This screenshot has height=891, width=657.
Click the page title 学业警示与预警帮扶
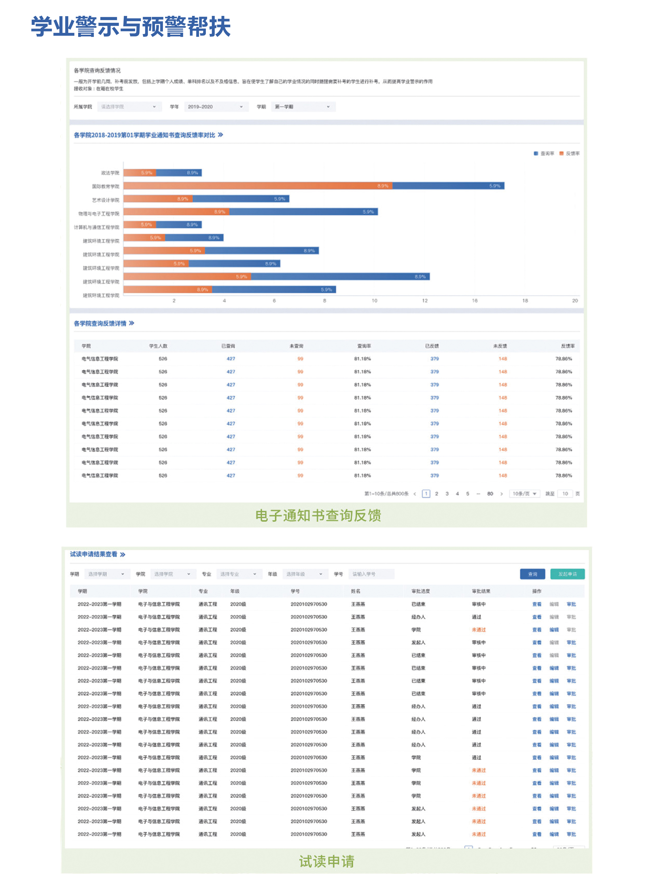[x=131, y=27]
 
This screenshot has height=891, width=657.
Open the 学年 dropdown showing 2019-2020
[x=215, y=106]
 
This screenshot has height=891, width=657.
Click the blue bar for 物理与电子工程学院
[x=303, y=212]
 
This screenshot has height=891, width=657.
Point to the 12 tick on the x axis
[x=425, y=301]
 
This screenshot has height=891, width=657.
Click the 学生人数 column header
[x=158, y=346]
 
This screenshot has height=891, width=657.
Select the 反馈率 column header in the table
[x=567, y=346]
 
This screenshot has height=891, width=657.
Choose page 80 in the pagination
[x=490, y=494]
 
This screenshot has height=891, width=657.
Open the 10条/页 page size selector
[x=524, y=494]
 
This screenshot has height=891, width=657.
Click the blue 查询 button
[x=532, y=574]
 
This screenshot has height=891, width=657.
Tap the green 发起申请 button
[x=567, y=574]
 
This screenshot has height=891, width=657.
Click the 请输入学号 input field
[x=371, y=574]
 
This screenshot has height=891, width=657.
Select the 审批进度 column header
[x=420, y=591]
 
